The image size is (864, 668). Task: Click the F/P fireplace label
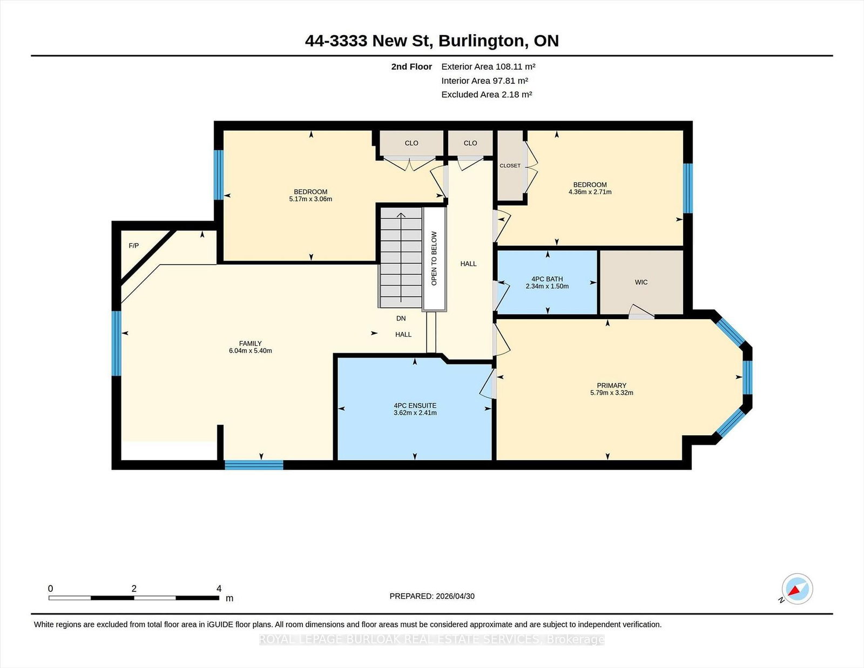tap(133, 246)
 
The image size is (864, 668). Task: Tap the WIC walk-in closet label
tap(641, 282)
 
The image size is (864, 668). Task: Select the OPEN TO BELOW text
tap(434, 259)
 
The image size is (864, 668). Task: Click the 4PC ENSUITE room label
tap(415, 406)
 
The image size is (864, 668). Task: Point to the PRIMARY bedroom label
tap(611, 385)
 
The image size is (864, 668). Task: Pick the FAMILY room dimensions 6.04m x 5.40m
tap(251, 350)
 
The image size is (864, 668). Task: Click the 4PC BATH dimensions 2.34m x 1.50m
tap(547, 286)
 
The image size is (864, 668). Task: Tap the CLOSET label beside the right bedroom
tap(510, 166)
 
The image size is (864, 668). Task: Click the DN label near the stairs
tap(401, 318)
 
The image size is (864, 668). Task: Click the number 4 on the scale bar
tap(219, 589)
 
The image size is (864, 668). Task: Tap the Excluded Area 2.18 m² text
tap(487, 95)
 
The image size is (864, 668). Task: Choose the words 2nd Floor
tap(411, 67)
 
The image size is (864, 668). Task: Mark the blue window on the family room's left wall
tap(116, 343)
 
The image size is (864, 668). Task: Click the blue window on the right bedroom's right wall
tap(688, 188)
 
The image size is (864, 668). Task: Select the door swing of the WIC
tap(641, 312)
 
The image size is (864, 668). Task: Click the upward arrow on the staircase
tap(401, 258)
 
